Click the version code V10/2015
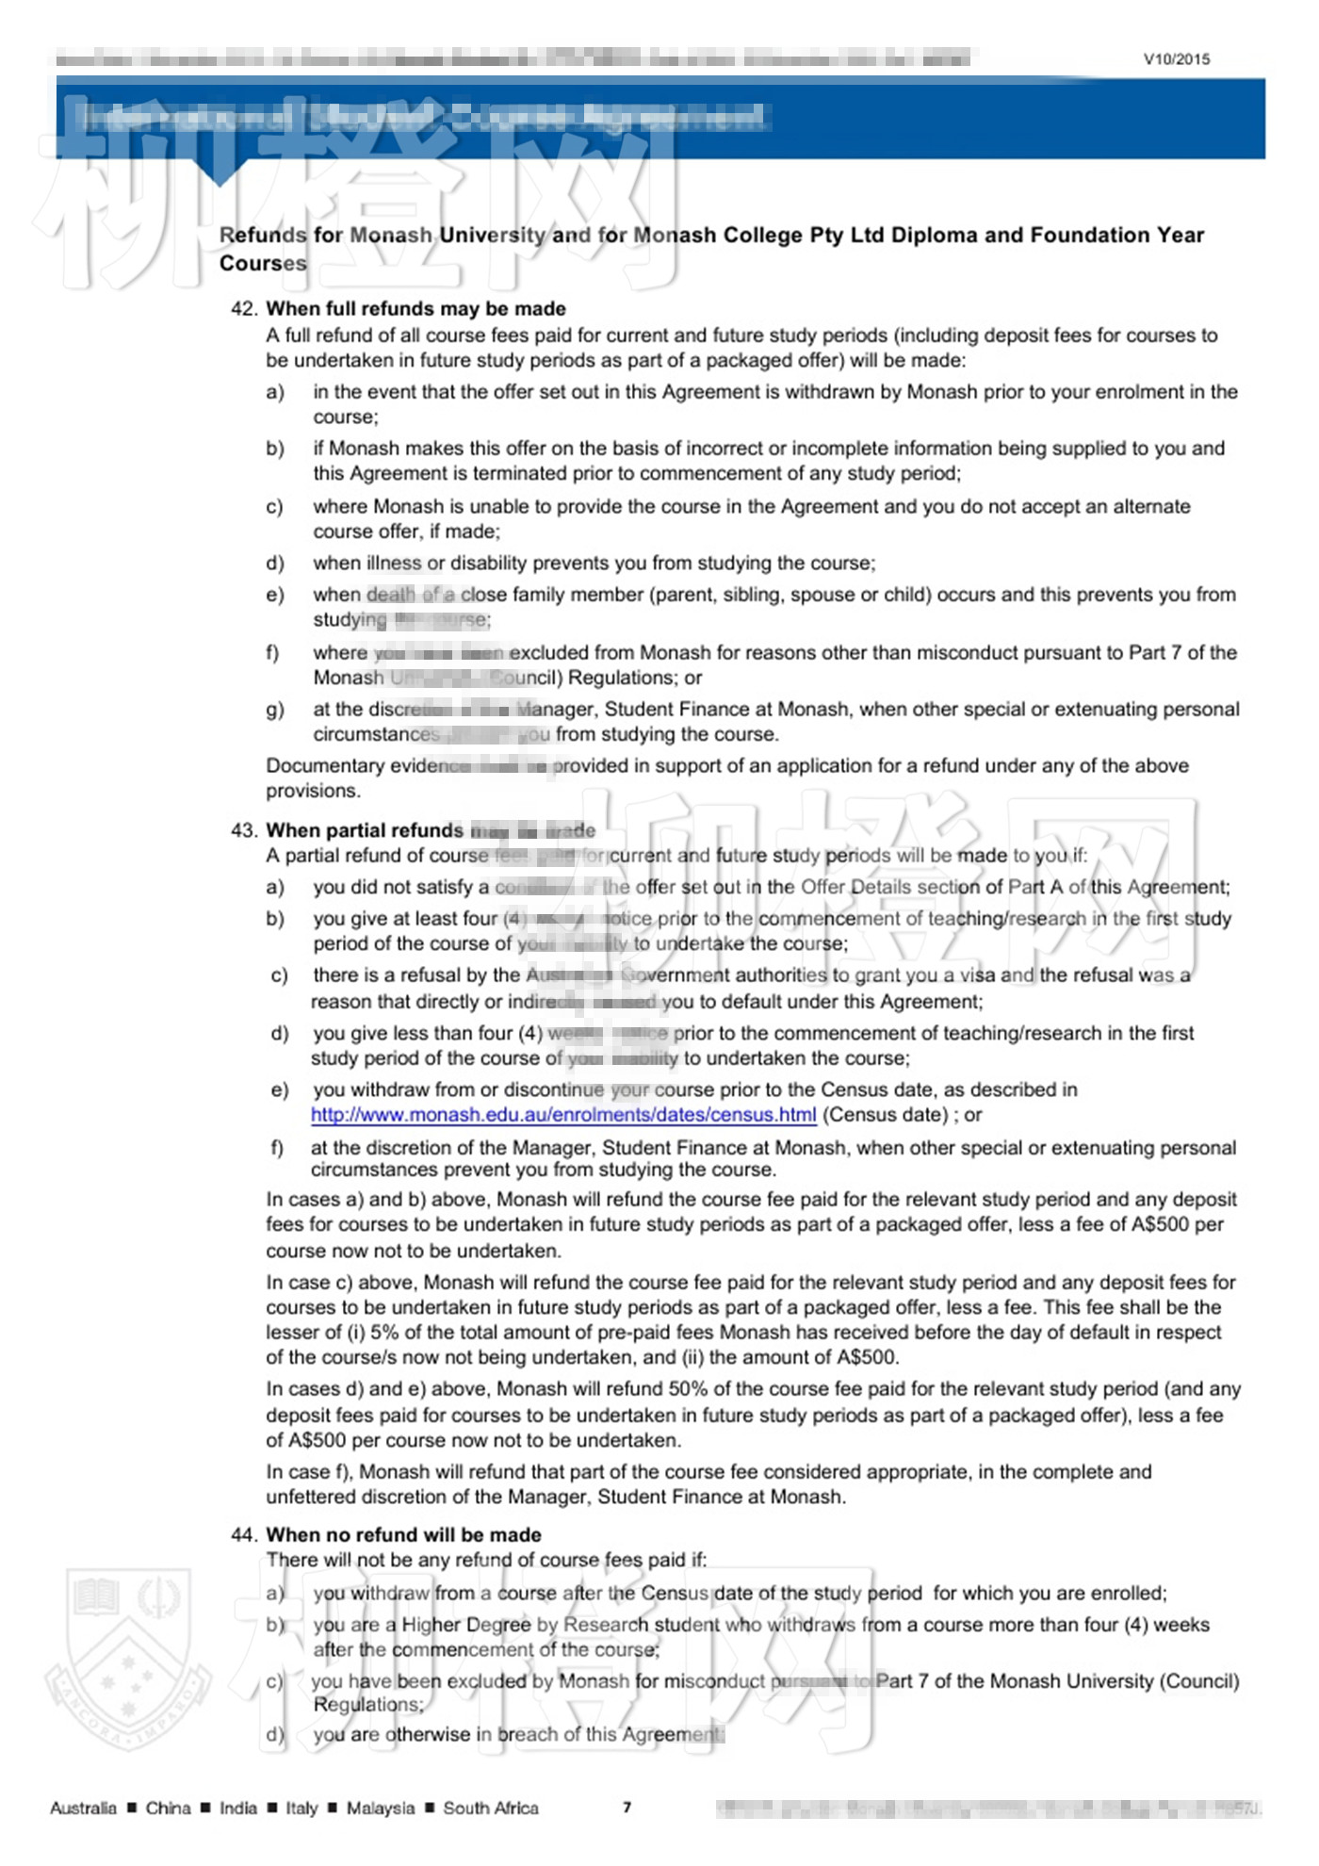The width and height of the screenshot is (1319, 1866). [1176, 58]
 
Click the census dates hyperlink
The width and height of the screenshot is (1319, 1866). [563, 1115]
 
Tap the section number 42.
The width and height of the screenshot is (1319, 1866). [243, 308]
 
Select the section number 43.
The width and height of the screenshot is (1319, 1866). [243, 830]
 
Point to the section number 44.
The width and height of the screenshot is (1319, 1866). [243, 1534]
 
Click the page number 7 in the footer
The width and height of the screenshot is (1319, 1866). [627, 1807]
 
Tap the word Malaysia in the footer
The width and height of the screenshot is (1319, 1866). [380, 1808]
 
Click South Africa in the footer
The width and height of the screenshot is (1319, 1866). [491, 1808]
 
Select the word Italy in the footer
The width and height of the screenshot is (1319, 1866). [301, 1808]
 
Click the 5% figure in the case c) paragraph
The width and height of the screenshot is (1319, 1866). [384, 1333]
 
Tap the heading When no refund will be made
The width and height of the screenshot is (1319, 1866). [403, 1534]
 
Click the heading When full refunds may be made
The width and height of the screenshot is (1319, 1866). [415, 308]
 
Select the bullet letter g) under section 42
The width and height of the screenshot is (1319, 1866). [274, 710]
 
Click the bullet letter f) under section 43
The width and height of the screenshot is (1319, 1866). [277, 1148]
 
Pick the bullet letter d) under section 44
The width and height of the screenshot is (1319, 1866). [275, 1734]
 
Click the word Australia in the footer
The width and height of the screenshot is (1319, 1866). [83, 1808]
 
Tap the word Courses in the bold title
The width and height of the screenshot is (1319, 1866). [263, 263]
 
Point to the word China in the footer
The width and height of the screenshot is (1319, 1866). [168, 1808]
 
